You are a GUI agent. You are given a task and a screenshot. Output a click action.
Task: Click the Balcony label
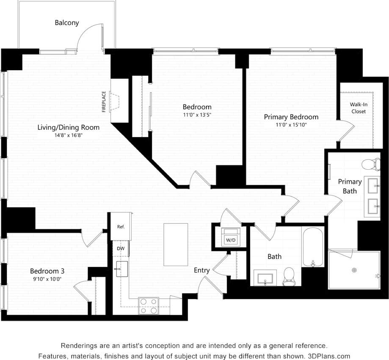pyautogui.click(x=67, y=23)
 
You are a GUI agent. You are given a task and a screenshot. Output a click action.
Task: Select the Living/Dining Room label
pyautogui.click(x=69, y=127)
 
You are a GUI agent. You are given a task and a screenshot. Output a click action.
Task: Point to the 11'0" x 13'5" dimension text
pyautogui.click(x=197, y=115)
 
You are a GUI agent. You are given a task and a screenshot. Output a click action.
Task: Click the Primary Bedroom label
pyautogui.click(x=291, y=117)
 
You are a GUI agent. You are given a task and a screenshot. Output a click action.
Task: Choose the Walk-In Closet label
pyautogui.click(x=358, y=108)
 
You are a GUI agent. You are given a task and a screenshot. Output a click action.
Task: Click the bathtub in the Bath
pyautogui.click(x=313, y=247)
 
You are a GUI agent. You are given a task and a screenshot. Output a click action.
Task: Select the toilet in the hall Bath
pyautogui.click(x=289, y=276)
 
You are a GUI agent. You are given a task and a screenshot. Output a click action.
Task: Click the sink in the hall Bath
pyautogui.click(x=265, y=278)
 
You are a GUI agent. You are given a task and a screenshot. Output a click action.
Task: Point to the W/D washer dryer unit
pyautogui.click(x=231, y=237)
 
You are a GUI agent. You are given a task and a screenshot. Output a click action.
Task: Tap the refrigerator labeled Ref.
pyautogui.click(x=121, y=227)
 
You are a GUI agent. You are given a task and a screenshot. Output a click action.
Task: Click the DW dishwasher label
pyautogui.click(x=121, y=249)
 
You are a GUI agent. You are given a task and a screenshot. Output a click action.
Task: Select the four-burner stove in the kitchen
pyautogui.click(x=149, y=306)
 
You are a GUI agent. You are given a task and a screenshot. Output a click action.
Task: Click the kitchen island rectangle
pyautogui.click(x=176, y=245)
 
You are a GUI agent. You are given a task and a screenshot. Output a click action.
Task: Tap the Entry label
pyautogui.click(x=201, y=270)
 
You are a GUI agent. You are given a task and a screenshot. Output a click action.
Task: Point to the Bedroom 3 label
pyautogui.click(x=47, y=271)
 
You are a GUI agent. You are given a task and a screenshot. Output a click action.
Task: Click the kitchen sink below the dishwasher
pyautogui.click(x=122, y=269)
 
